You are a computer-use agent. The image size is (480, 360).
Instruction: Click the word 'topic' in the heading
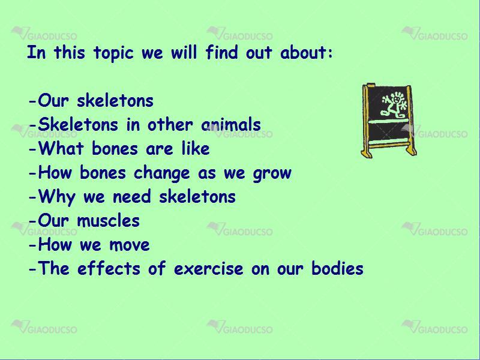click(113, 53)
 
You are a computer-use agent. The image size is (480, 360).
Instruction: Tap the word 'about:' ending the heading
click(307, 52)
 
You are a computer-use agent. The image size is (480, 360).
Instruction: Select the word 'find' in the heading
click(221, 52)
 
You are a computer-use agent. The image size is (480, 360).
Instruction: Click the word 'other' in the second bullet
click(170, 124)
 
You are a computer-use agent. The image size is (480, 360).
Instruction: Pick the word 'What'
click(61, 148)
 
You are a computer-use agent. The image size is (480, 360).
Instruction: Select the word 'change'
click(162, 173)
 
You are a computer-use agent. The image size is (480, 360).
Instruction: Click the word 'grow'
click(272, 174)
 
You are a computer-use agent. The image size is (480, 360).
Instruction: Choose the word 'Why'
click(56, 197)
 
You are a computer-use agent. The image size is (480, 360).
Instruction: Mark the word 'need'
click(132, 196)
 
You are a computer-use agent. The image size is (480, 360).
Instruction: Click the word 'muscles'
click(109, 220)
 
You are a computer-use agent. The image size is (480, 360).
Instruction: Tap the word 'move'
click(130, 245)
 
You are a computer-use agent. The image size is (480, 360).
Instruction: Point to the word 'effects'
click(109, 268)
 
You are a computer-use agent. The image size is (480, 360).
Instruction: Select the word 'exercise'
click(209, 268)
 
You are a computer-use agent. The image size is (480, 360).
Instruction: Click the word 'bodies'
click(337, 268)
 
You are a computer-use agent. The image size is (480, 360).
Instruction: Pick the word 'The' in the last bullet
click(53, 268)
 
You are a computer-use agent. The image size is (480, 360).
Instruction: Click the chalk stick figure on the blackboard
click(394, 104)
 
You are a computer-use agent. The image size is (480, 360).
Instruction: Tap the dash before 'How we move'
click(32, 245)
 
